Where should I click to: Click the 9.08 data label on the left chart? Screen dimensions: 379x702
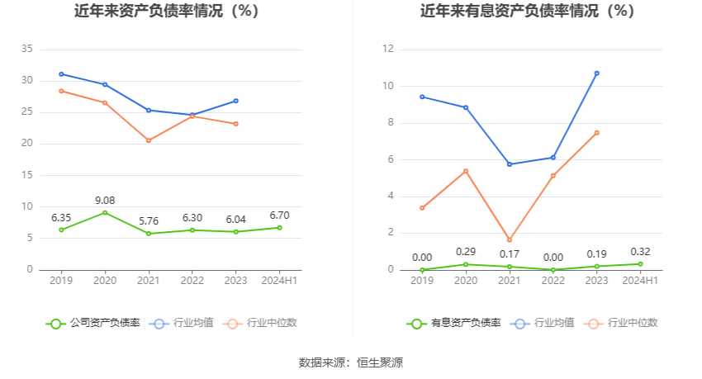(x=105, y=200)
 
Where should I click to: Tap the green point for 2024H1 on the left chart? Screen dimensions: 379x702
(x=279, y=228)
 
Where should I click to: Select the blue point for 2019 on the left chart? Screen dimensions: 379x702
(x=61, y=74)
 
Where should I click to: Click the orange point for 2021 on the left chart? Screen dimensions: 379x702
(x=149, y=140)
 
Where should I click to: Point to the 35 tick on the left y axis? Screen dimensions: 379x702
(x=26, y=50)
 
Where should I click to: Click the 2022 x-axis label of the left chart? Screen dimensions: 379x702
(x=192, y=281)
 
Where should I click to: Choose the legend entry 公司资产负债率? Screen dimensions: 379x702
(x=93, y=323)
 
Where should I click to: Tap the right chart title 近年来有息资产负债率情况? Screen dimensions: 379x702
(x=527, y=12)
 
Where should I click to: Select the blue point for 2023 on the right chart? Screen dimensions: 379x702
(x=597, y=73)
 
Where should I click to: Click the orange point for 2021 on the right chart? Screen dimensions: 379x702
(x=510, y=240)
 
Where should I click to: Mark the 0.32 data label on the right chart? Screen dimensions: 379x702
(x=640, y=252)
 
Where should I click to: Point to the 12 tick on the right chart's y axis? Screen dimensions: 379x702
(x=387, y=50)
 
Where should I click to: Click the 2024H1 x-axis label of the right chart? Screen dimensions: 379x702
(x=640, y=281)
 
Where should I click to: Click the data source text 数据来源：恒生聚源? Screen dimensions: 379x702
(x=351, y=362)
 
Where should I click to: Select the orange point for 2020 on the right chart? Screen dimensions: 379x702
(x=466, y=172)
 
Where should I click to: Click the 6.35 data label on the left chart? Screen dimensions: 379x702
(x=61, y=217)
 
